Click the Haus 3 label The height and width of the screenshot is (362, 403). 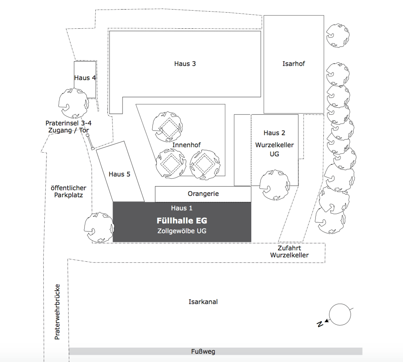point(185,64)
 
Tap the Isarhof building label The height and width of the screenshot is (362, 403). point(294,64)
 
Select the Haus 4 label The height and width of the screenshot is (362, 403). point(85,78)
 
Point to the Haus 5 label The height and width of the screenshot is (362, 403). point(119,174)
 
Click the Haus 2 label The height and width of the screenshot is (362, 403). point(274,133)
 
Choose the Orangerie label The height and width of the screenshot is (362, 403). point(203,194)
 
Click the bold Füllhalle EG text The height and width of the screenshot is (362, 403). point(182,220)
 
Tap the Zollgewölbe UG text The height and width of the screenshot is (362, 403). point(182,231)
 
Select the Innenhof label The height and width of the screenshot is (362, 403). point(186,145)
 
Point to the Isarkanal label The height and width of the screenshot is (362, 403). point(203,302)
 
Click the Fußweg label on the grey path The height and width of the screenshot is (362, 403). point(203,351)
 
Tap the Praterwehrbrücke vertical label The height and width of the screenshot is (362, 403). point(57,312)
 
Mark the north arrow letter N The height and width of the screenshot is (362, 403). point(320,324)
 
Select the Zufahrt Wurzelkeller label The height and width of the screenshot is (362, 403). point(289,251)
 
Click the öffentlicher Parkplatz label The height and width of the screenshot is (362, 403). point(68,191)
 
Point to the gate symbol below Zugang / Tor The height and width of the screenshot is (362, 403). point(90,142)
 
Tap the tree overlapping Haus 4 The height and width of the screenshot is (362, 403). point(74,103)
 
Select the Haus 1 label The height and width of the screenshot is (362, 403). point(182,208)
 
